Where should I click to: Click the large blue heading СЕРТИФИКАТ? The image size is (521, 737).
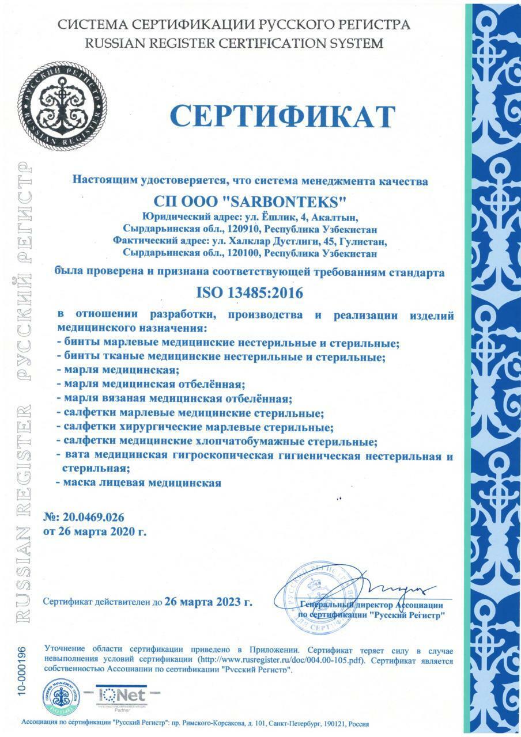283,116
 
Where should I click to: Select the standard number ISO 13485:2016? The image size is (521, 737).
250,292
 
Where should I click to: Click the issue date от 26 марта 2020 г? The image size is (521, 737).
95,531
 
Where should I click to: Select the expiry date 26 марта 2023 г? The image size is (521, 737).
208,603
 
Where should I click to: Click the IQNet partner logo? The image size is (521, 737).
122,695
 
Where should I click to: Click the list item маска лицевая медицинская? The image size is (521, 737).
141,483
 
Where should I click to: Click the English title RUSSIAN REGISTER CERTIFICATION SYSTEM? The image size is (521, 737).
233,43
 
